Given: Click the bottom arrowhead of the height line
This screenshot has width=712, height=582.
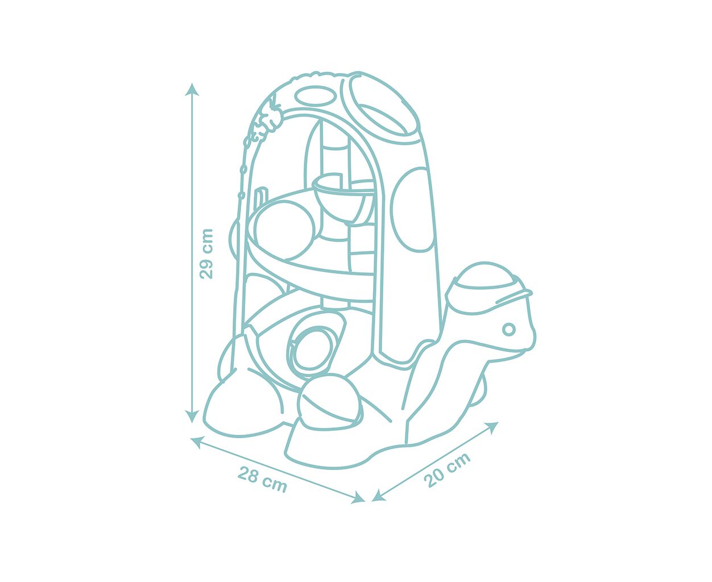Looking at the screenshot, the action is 192,415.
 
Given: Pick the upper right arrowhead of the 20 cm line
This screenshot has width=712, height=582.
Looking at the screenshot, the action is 492,427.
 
